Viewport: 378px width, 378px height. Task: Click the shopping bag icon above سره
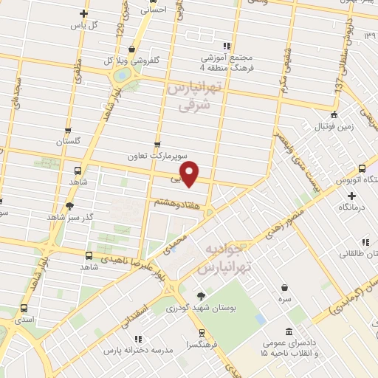284,288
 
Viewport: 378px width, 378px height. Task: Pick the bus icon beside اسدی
24,309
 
